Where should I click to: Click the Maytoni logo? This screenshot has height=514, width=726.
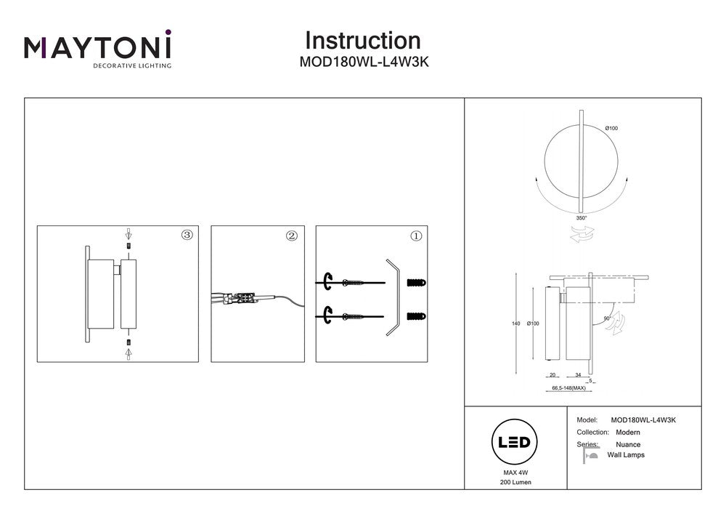click(x=98, y=49)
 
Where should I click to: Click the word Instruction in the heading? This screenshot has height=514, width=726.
click(x=362, y=40)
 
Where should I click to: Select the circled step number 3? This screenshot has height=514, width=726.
click(x=187, y=235)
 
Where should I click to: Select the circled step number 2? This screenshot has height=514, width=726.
click(x=292, y=236)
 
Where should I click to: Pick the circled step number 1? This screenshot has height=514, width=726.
click(x=416, y=236)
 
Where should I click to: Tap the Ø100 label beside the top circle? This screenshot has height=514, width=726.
click(x=611, y=129)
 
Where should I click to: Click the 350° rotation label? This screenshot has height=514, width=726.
click(x=581, y=217)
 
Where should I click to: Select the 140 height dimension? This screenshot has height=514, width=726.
click(x=516, y=324)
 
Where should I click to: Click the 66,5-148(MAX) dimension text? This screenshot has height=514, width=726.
click(x=569, y=388)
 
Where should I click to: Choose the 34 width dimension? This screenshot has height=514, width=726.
click(x=578, y=375)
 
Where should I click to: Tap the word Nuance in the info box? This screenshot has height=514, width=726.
click(x=628, y=444)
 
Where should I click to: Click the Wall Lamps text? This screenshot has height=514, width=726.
click(x=626, y=455)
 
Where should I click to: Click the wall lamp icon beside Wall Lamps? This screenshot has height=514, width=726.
click(x=590, y=455)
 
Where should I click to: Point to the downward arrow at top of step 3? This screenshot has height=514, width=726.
click(x=129, y=235)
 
